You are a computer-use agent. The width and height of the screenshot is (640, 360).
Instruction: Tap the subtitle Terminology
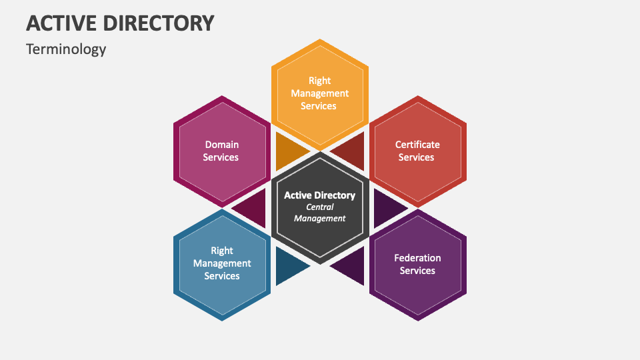pyautogui.click(x=66, y=49)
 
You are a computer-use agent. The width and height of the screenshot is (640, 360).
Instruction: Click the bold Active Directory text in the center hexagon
pyautogui.click(x=319, y=195)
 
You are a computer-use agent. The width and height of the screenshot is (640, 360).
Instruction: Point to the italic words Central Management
pyautogui.click(x=320, y=213)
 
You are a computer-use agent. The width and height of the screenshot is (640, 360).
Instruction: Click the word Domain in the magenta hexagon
pyautogui.click(x=221, y=144)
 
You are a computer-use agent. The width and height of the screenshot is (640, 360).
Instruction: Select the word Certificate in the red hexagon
pyautogui.click(x=417, y=144)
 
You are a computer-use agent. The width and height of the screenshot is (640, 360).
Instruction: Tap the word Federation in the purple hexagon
pyautogui.click(x=417, y=257)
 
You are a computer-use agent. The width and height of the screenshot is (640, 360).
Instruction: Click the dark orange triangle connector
pyautogui.click(x=287, y=150)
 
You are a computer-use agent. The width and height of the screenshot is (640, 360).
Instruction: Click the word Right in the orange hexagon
pyautogui.click(x=320, y=81)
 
